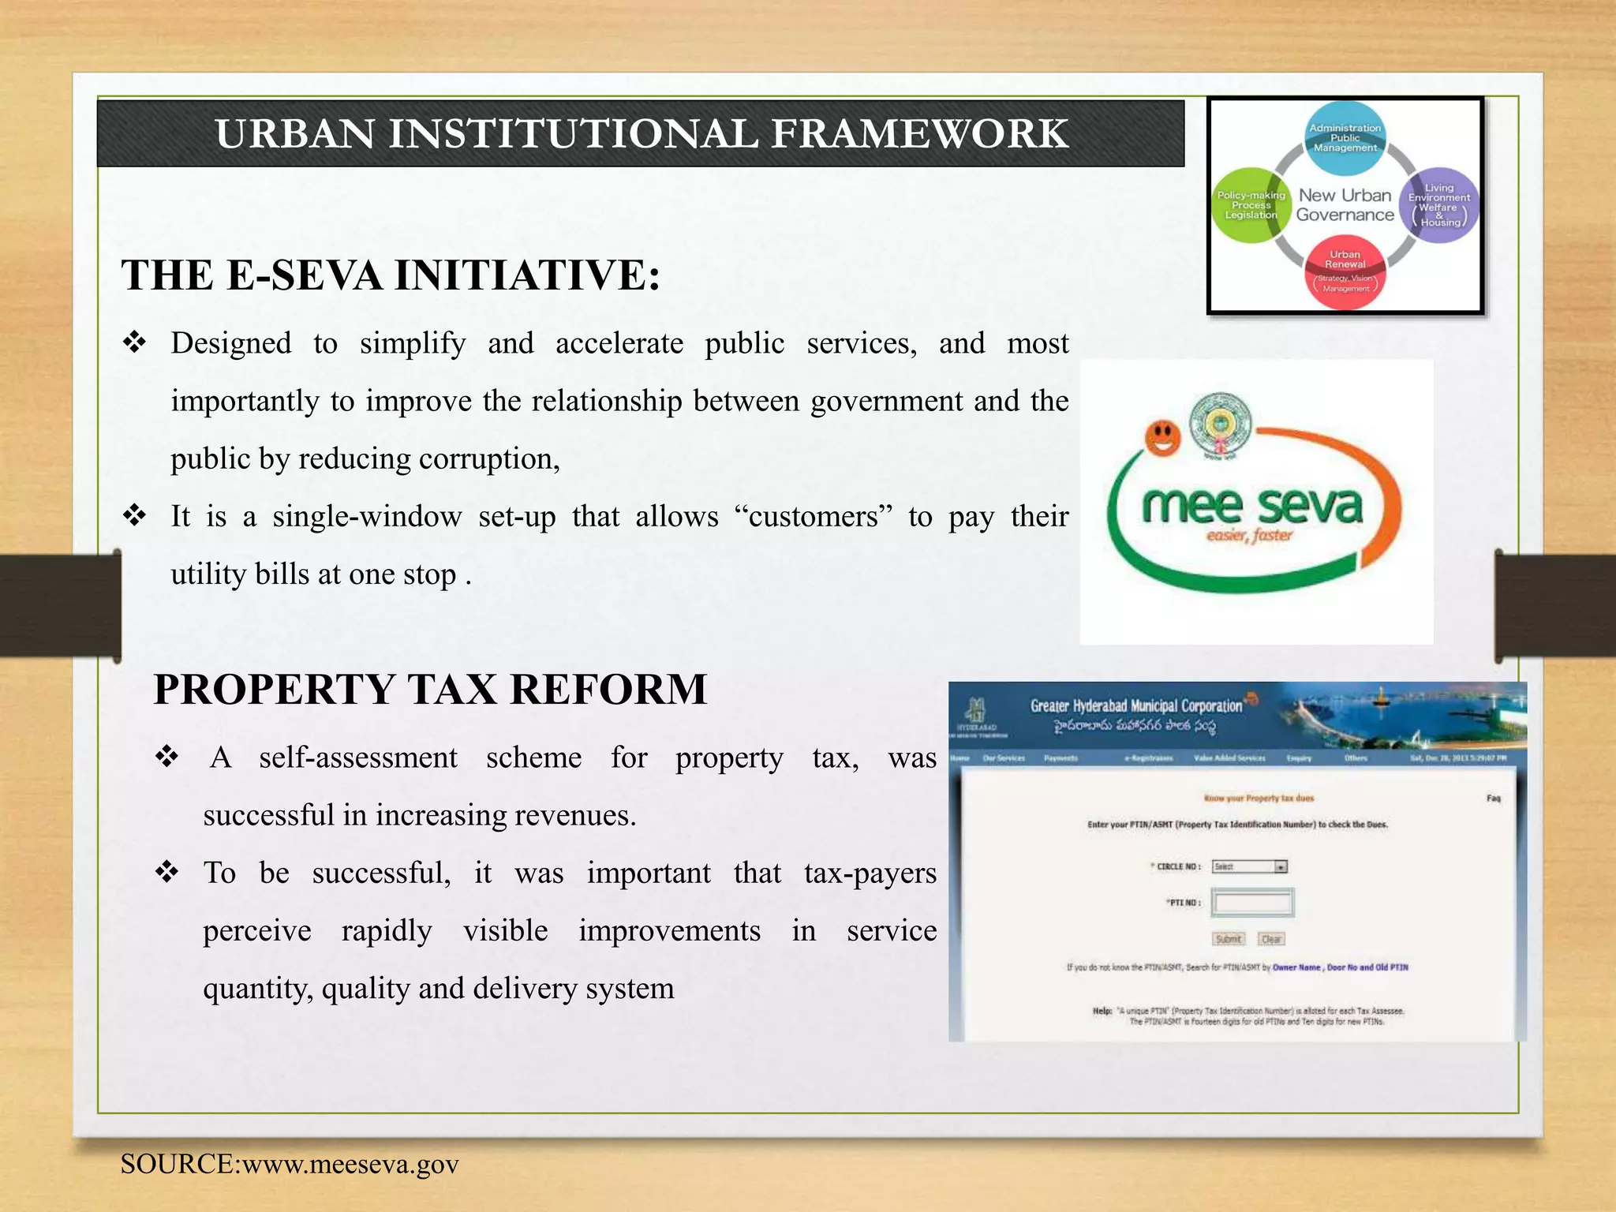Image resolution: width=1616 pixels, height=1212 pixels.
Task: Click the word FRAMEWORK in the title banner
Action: [x=919, y=133]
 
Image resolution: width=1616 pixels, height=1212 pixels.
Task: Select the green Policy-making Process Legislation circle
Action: [x=1250, y=205]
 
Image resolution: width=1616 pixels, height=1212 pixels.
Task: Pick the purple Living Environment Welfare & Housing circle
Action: [x=1439, y=205]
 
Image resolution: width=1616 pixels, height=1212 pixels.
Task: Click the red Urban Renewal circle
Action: [x=1345, y=271]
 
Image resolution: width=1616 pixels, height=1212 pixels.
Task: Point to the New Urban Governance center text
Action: [x=1345, y=205]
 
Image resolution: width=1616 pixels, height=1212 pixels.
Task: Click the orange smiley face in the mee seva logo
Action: [x=1162, y=437]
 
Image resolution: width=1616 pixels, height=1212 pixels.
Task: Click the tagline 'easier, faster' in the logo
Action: [x=1249, y=536]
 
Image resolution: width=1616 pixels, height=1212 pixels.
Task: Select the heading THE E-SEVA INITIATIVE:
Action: [x=391, y=275]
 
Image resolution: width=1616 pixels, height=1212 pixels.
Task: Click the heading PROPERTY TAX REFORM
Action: [x=430, y=689]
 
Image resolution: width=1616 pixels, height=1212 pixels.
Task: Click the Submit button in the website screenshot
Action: [x=1229, y=939]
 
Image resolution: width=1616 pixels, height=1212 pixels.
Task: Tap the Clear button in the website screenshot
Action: [x=1271, y=939]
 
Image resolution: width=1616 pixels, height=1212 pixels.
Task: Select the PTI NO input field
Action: [x=1252, y=903]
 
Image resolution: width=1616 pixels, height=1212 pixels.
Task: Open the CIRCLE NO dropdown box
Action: [x=1251, y=866]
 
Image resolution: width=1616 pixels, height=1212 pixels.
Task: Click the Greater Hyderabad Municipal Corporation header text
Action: [x=1136, y=705]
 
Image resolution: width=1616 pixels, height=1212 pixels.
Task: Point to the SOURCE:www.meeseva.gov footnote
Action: [x=290, y=1165]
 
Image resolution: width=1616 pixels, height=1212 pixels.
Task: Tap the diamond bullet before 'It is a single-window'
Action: [x=135, y=516]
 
